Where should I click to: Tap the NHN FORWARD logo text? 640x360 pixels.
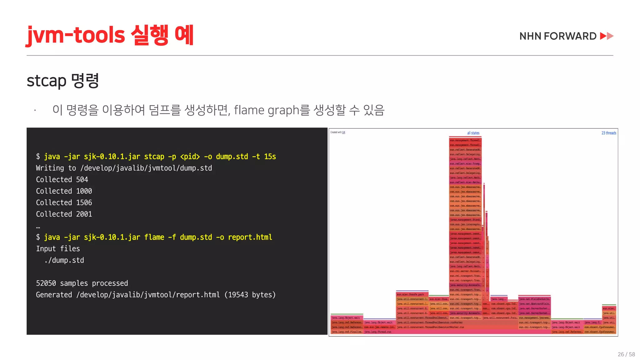[x=558, y=36]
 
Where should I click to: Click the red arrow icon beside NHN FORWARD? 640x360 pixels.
[x=607, y=36]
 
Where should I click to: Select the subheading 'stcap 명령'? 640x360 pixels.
[x=63, y=81]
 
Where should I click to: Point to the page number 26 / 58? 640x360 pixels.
[x=626, y=354]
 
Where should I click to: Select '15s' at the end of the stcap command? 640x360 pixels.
[x=270, y=157]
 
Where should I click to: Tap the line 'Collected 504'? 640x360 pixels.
[x=62, y=180]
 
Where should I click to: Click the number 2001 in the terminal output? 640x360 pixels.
[x=84, y=214]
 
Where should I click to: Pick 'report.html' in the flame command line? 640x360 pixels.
[x=250, y=237]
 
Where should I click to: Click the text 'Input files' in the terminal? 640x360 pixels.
[x=58, y=249]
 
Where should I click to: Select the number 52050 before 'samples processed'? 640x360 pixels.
[x=46, y=283]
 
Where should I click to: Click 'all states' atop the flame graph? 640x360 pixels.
[x=473, y=133]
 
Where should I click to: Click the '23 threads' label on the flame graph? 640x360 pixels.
[x=609, y=133]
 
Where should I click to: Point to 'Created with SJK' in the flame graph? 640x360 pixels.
[x=338, y=132]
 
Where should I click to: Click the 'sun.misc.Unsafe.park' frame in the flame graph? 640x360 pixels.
[x=411, y=294]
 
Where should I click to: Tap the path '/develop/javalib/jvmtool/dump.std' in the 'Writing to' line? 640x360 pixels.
[x=146, y=168]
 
